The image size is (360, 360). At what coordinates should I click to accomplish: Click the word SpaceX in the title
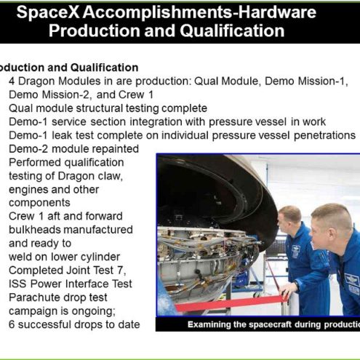coord(48,12)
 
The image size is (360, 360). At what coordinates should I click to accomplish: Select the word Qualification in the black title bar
coord(232,31)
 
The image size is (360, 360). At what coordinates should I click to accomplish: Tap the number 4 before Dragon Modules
coord(12,81)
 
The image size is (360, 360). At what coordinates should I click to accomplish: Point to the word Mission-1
coord(323,81)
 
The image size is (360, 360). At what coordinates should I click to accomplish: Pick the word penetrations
coord(324,135)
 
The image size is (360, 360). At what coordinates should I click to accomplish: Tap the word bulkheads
coord(35,230)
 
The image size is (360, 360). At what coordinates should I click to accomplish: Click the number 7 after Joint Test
coord(121,271)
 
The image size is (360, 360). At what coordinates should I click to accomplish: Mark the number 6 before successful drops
coord(12,324)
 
